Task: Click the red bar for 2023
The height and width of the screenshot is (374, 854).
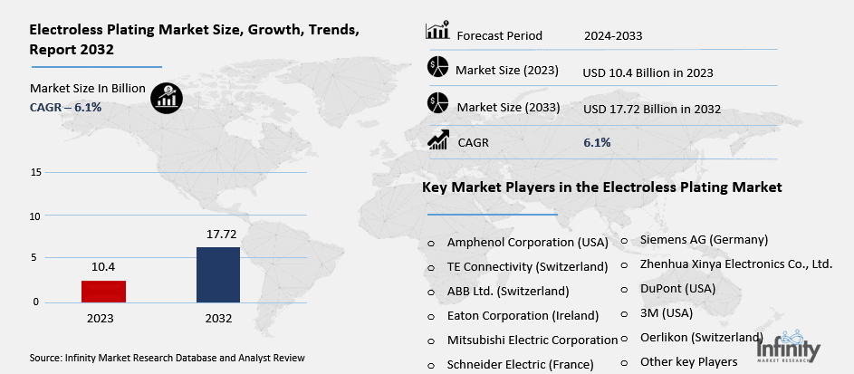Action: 103,291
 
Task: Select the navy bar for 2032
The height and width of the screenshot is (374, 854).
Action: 218,274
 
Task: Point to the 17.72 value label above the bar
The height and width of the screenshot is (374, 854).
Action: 218,234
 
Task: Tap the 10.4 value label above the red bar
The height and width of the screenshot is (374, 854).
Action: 103,267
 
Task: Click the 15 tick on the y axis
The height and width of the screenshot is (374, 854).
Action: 35,172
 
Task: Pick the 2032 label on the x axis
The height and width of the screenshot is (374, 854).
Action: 218,319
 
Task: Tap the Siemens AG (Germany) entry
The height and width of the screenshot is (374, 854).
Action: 704,240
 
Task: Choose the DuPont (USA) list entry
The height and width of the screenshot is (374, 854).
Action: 677,288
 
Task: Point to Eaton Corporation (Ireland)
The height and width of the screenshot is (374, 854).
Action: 523,316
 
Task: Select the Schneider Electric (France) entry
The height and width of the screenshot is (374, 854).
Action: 520,365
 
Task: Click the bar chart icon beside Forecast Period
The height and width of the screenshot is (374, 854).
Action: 437,32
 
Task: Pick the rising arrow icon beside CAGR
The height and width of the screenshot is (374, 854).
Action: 438,139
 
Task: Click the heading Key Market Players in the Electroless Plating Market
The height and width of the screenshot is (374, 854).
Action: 601,187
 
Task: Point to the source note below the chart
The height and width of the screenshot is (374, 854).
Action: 168,358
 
